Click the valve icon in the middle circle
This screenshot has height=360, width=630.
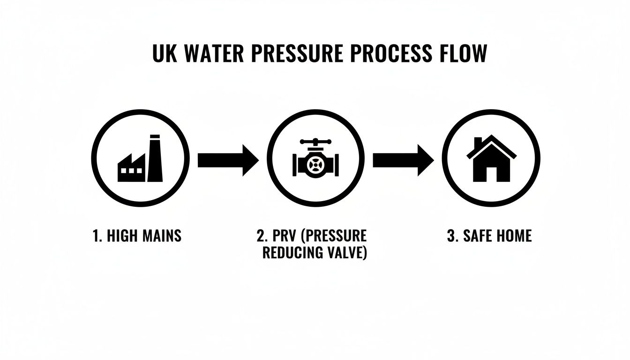[315, 159]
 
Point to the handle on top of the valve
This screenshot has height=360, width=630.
[315, 142]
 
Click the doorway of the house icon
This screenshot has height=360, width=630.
[491, 174]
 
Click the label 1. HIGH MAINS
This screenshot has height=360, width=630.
[137, 235]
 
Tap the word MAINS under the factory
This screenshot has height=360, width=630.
[160, 235]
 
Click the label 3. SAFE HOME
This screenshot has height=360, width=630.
[489, 235]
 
